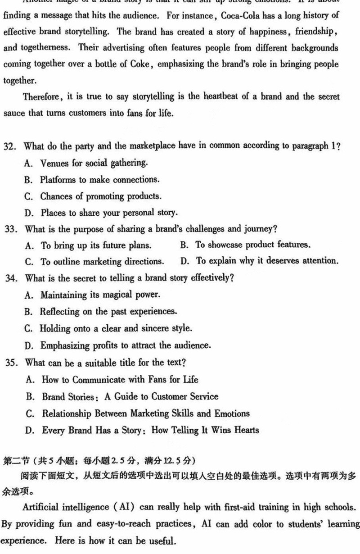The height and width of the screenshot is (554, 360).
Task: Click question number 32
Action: pyautogui.click(x=10, y=146)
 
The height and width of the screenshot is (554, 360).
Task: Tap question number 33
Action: pyautogui.click(x=10, y=229)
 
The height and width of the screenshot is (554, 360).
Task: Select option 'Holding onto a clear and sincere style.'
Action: pyautogui.click(x=116, y=328)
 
